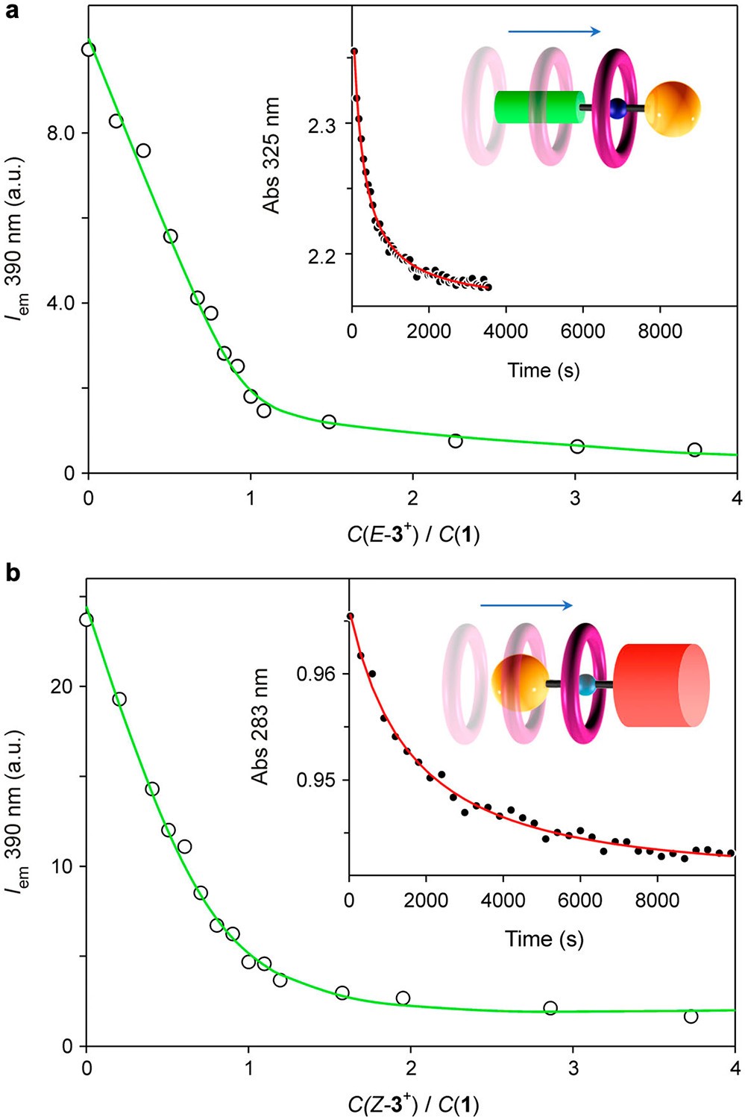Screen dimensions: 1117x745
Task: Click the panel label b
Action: [x=13, y=573]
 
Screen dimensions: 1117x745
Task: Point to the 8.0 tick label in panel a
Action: [x=61, y=134]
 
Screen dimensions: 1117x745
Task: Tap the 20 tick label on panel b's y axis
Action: [x=63, y=686]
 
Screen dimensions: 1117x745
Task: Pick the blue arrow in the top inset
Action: [x=554, y=31]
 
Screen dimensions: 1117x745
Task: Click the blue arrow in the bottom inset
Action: [x=526, y=605]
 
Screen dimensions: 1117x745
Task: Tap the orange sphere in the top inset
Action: [x=673, y=109]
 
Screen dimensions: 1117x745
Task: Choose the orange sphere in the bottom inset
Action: [x=520, y=683]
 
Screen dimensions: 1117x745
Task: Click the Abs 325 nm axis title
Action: [x=271, y=155]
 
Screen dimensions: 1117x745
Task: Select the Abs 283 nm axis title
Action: [x=260, y=726]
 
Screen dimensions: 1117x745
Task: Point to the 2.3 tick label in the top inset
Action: [x=321, y=125]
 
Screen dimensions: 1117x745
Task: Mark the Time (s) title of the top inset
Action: [x=544, y=370]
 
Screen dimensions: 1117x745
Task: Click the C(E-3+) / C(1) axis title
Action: [x=412, y=535]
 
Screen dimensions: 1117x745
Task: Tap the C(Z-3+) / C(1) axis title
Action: [x=412, y=1104]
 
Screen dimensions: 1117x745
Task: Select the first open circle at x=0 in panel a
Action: [x=89, y=49]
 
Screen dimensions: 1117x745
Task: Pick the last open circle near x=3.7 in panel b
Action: [x=691, y=1016]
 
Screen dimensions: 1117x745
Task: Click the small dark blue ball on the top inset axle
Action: [x=617, y=109]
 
